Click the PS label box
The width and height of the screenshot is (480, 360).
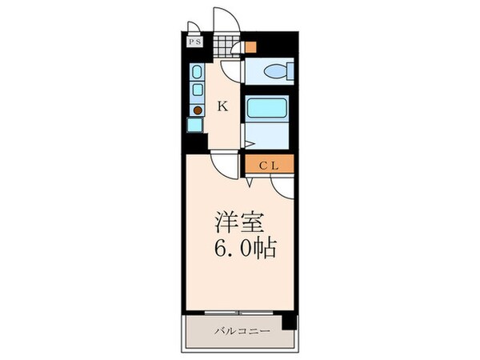tap(195, 42)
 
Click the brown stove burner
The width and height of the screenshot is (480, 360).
tap(197, 109)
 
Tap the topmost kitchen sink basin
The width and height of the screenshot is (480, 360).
tap(197, 72)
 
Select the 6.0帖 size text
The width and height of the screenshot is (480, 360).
tap(245, 249)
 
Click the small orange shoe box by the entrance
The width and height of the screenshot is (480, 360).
tap(251, 46)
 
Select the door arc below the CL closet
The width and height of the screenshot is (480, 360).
tap(282, 187)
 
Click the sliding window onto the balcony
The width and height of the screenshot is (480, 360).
tap(238, 311)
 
